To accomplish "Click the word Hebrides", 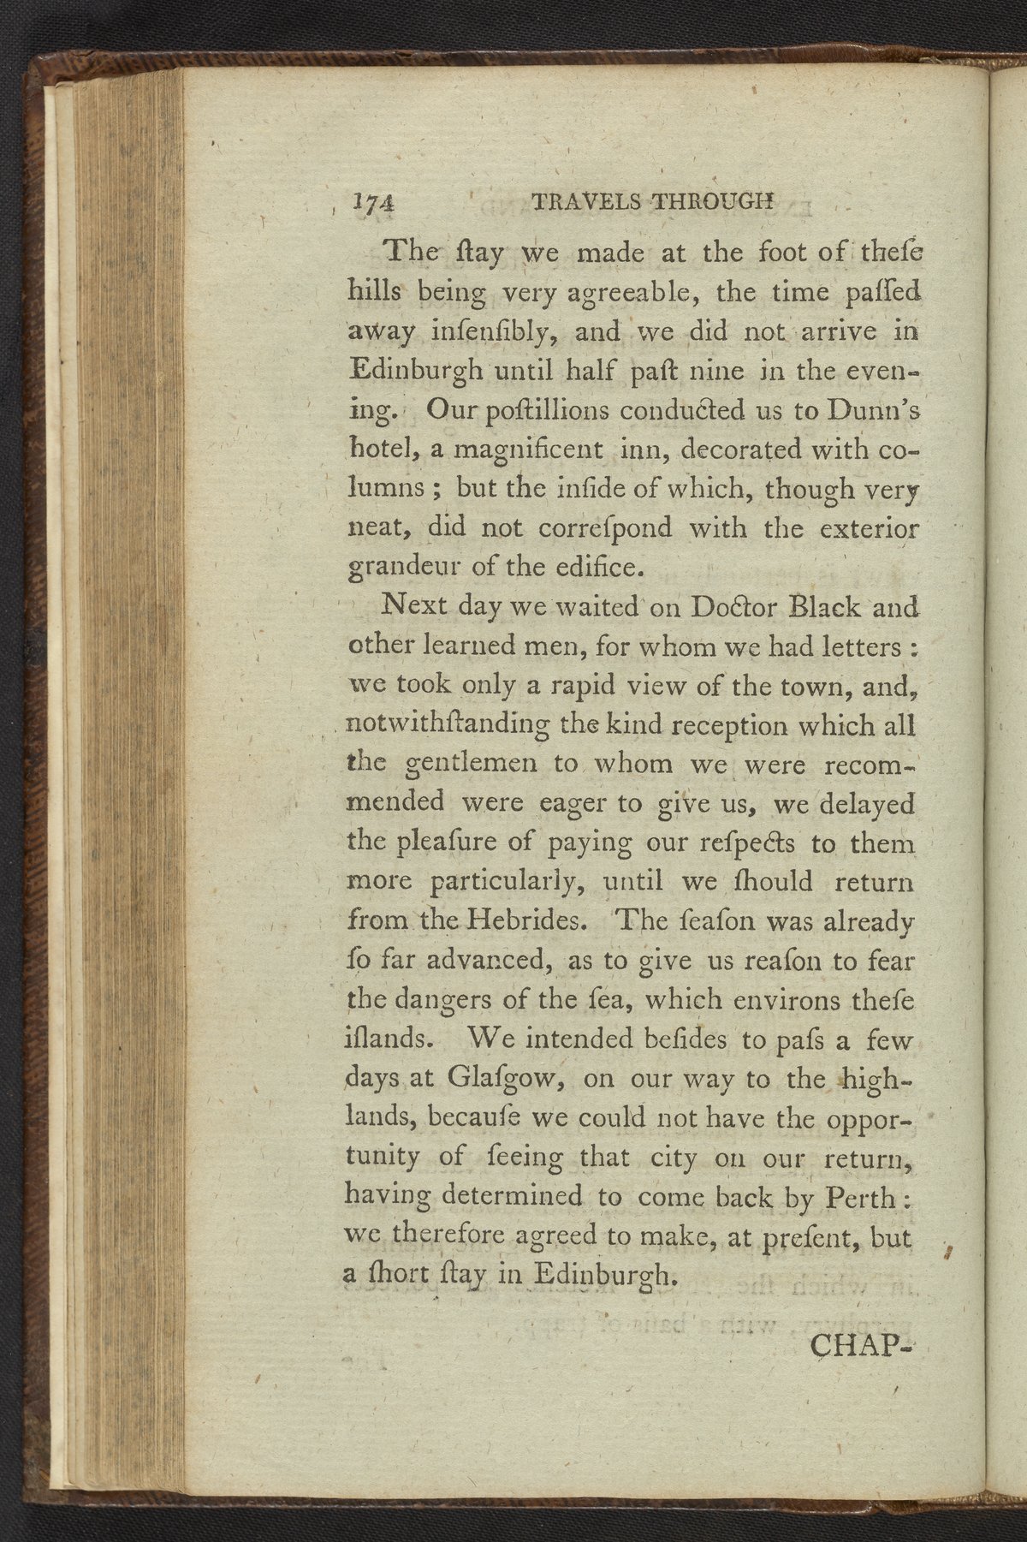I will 523,922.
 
